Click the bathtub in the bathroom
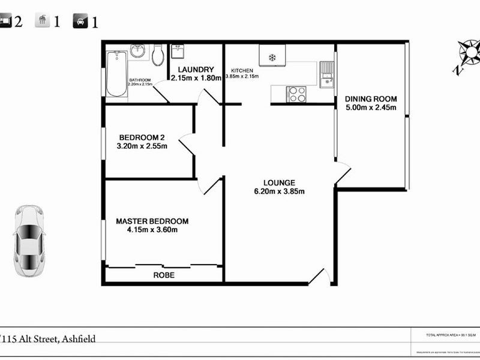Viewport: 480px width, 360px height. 116,73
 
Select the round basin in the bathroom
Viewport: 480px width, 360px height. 138,51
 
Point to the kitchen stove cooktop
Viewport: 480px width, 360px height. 296,94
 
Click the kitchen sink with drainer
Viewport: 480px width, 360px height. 326,74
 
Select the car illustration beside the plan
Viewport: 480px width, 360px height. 29,240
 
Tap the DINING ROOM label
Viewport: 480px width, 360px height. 371,99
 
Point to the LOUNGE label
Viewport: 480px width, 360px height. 279,183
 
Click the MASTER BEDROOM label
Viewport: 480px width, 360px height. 152,221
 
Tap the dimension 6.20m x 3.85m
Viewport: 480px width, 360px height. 279,192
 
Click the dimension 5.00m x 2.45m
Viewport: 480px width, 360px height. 371,108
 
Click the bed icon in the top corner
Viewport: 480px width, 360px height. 5,22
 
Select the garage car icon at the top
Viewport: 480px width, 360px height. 79,22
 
